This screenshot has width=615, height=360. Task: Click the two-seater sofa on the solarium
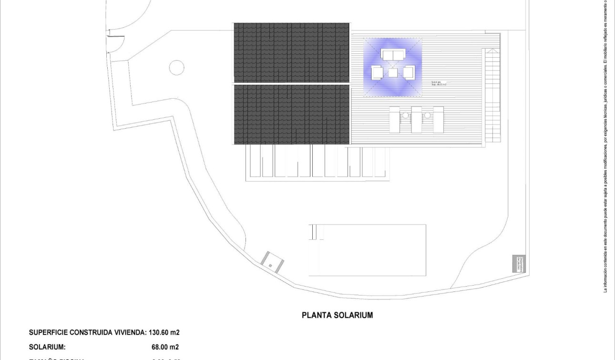pyautogui.click(x=392, y=55)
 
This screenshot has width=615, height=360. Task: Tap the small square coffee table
pyautogui.click(x=393, y=73)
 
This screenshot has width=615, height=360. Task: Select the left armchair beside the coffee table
pyautogui.click(x=377, y=73)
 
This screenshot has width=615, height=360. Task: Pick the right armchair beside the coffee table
pyautogui.click(x=409, y=72)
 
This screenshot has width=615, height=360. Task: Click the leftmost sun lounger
pyautogui.click(x=395, y=120)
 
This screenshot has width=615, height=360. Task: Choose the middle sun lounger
pyautogui.click(x=417, y=120)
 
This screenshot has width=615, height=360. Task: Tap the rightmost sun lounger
pyautogui.click(x=438, y=120)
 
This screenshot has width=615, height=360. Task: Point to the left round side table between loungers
pyautogui.click(x=406, y=115)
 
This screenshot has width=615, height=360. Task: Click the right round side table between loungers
pyautogui.click(x=428, y=115)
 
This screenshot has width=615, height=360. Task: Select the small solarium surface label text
pyautogui.click(x=438, y=83)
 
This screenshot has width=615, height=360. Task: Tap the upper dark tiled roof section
pyautogui.click(x=291, y=52)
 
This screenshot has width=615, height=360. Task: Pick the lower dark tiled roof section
pyautogui.click(x=291, y=114)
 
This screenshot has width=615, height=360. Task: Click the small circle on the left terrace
pyautogui.click(x=176, y=67)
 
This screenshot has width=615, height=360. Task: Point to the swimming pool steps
pyautogui.click(x=314, y=232)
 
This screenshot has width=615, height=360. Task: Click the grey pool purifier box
pyautogui.click(x=518, y=264)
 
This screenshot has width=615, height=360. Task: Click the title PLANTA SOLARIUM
pyautogui.click(x=337, y=315)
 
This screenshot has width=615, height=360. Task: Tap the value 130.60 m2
pyautogui.click(x=164, y=332)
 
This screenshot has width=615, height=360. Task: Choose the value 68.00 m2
pyautogui.click(x=165, y=347)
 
